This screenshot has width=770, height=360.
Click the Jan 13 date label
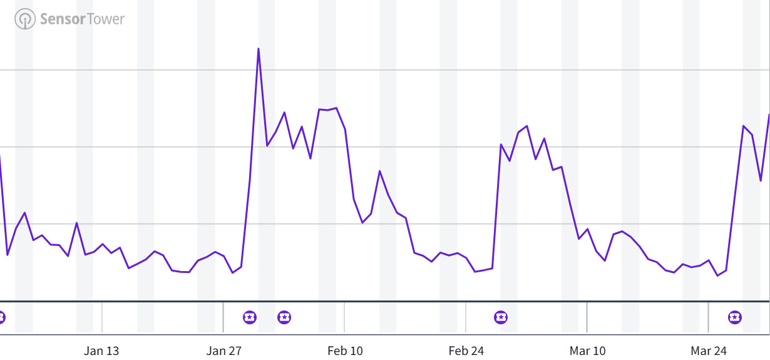point(101,351)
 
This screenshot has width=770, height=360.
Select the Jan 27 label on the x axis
point(223,351)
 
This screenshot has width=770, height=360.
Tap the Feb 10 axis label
point(345,351)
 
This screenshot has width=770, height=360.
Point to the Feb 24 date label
point(466,351)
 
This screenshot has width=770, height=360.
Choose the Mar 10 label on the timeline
point(588,351)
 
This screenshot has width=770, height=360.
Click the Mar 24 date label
point(709,351)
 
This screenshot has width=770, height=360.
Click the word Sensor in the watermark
point(62,19)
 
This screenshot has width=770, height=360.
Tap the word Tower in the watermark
point(106,19)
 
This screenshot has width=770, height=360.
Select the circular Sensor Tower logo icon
point(25,19)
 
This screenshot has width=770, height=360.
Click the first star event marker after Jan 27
point(250,317)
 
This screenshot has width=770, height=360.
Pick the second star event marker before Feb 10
point(284,317)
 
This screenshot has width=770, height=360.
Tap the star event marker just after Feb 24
point(501,317)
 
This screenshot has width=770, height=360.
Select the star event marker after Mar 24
point(735,317)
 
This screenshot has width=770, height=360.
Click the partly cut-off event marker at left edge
point(2,317)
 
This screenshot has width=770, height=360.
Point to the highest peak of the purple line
point(259,49)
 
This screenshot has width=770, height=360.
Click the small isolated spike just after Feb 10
point(380,171)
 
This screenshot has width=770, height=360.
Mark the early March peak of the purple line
point(527,126)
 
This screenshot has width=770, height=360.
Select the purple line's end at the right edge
point(768,116)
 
